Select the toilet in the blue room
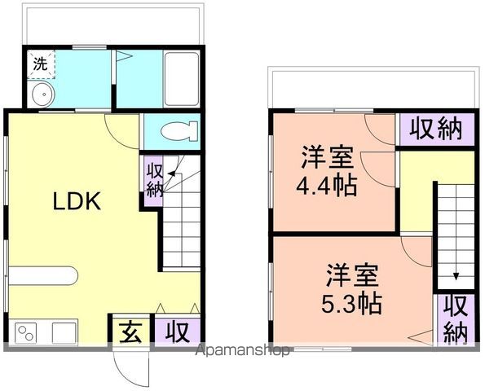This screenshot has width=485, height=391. click(x=176, y=131)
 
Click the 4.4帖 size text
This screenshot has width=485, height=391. click(x=326, y=186)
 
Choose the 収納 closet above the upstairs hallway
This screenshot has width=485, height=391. click(x=436, y=129)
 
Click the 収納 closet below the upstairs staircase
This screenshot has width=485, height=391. click(x=455, y=319)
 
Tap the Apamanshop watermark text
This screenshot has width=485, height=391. click(x=245, y=351)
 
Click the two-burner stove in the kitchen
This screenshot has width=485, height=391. click(x=25, y=332)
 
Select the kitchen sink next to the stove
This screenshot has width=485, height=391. click(x=64, y=332)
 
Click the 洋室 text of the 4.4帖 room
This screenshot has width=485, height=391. click(x=326, y=156)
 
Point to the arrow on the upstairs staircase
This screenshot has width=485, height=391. click(x=455, y=275)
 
